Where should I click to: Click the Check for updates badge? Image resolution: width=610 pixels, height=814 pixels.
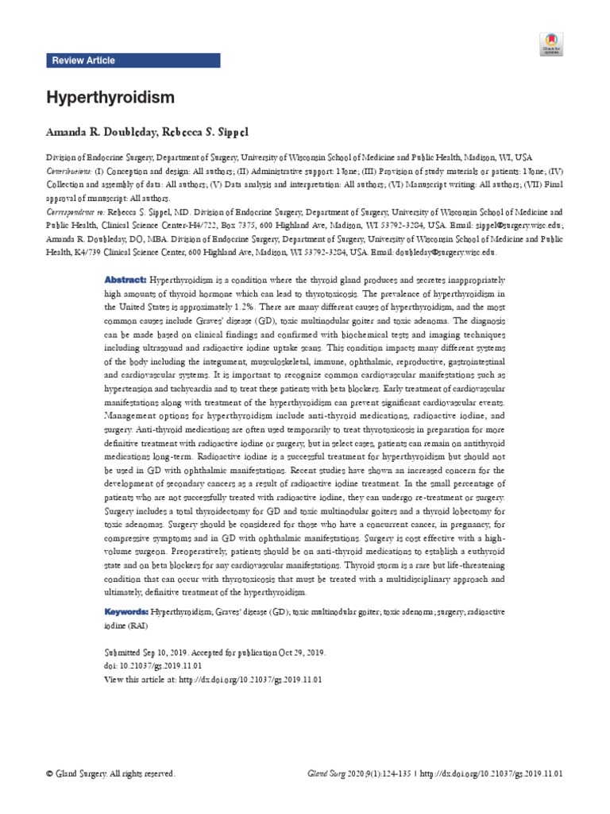pyautogui.click(x=551, y=45)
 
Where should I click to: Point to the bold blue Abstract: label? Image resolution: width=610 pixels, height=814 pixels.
pyautogui.click(x=125, y=281)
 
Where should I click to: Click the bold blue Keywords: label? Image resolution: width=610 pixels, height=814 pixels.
pyautogui.click(x=127, y=612)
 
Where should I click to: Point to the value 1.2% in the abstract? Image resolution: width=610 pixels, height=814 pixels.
pyautogui.click(x=268, y=307)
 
